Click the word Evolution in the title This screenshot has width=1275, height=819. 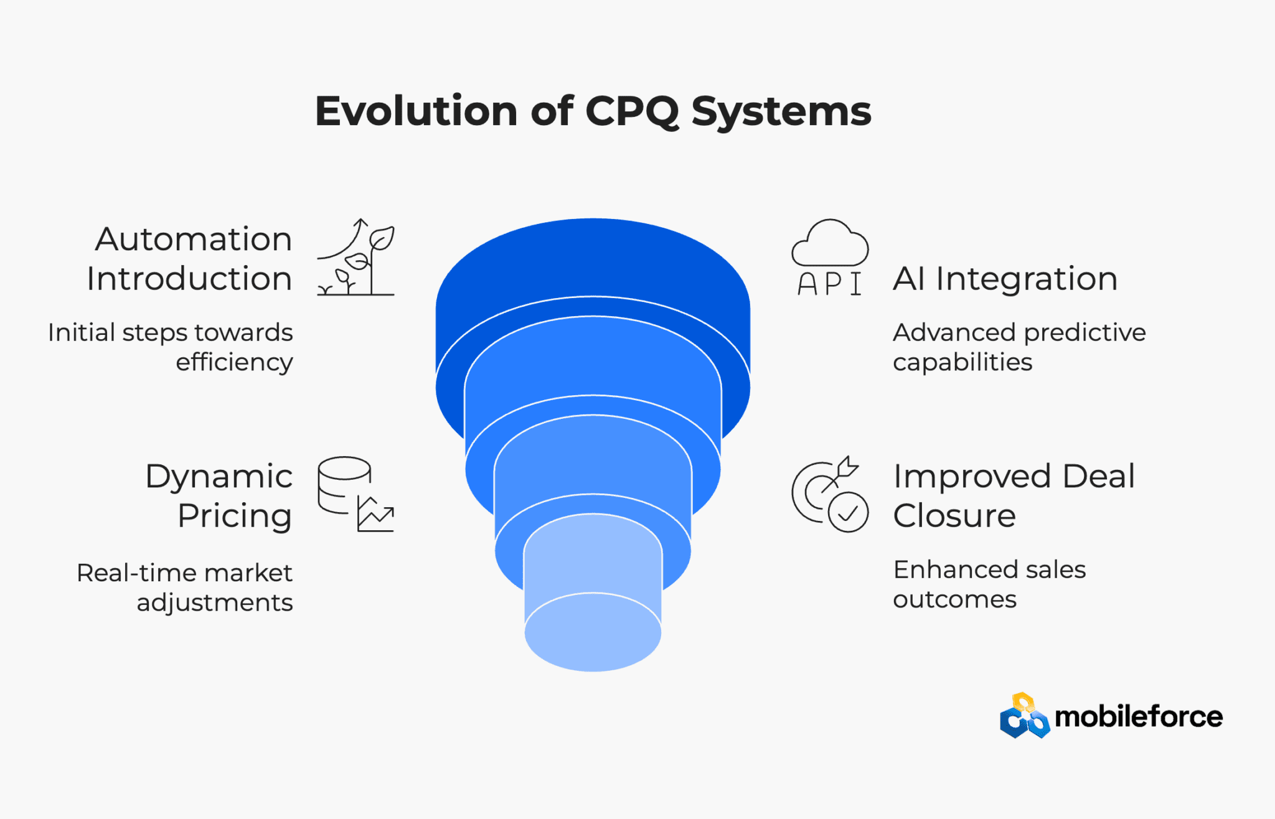coord(416,111)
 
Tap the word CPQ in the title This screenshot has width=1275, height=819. coord(631,113)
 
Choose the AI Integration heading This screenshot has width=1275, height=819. coord(1005,279)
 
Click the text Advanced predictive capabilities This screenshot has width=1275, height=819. coord(1019,347)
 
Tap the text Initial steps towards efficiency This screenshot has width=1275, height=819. coord(171,347)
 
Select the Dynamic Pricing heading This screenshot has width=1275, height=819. coord(219,496)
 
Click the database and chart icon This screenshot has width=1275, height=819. coord(355,495)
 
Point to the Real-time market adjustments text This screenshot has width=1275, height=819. coord(185,587)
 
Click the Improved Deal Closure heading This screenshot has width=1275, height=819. coord(1014,496)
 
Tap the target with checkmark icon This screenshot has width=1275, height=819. coord(830,495)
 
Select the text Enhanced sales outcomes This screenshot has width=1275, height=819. coord(989,584)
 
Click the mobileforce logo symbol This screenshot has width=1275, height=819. coord(1024,716)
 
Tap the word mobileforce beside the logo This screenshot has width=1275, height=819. coord(1138,717)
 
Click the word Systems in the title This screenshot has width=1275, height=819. coord(781,113)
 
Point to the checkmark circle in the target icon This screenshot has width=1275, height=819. coord(848,512)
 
